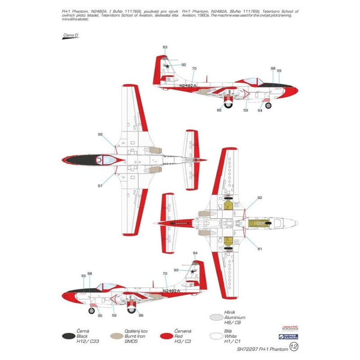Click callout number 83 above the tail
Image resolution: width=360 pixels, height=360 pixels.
point(165,47)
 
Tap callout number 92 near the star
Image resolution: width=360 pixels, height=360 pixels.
point(184,65)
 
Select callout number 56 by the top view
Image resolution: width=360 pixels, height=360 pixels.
point(100,134)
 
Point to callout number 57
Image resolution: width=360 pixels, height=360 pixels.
point(100,185)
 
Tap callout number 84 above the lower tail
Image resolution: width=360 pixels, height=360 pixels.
point(195,253)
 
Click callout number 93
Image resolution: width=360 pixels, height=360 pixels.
point(176,270)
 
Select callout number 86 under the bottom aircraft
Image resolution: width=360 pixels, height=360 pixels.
point(141,315)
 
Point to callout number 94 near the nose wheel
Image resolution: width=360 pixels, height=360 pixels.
point(260,111)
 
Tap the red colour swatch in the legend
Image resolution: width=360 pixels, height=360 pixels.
point(167,336)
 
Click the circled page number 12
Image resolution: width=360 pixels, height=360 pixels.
point(294,346)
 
